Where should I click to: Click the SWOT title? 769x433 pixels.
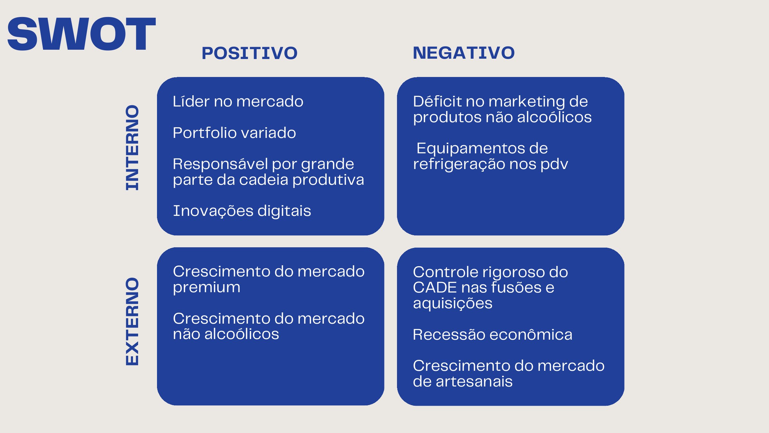click(x=81, y=34)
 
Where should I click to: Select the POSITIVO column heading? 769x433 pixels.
click(x=250, y=53)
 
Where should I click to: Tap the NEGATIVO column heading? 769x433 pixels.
click(x=464, y=53)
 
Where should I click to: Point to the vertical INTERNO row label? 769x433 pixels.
click(x=132, y=148)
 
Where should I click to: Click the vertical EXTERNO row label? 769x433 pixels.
click(x=132, y=321)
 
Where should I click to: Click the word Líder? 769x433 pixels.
click(x=191, y=101)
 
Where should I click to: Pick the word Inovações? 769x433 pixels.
click(x=213, y=211)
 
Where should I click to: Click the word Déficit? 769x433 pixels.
click(x=437, y=101)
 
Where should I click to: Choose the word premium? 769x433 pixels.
click(x=207, y=287)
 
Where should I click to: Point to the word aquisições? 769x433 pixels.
click(x=452, y=303)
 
